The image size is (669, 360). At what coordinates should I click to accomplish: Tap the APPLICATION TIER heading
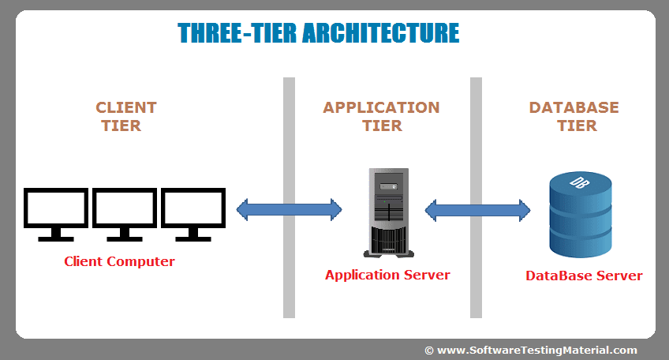[x=381, y=116]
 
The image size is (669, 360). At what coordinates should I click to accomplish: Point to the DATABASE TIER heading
[x=574, y=116]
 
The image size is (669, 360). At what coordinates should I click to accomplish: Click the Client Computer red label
[x=119, y=261]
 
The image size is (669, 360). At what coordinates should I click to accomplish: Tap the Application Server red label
[x=387, y=275]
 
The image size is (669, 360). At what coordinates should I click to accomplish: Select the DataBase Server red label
[x=584, y=276]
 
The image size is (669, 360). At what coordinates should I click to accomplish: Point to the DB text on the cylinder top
[x=580, y=183]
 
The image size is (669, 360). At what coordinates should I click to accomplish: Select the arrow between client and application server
[x=289, y=209]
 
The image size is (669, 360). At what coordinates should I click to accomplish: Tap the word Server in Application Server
[x=426, y=275]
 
